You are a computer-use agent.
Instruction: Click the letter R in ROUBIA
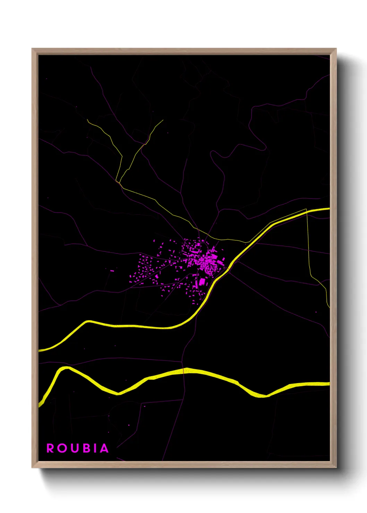pos(50,448)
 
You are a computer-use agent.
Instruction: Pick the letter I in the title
pos(95,448)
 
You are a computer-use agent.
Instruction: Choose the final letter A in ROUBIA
pos(104,448)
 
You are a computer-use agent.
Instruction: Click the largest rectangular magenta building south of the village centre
pos(202,282)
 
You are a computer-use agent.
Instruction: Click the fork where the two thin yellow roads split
pos(118,182)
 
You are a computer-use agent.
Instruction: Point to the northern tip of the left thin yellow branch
pos(87,120)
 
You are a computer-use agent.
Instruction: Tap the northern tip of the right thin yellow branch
pos(163,120)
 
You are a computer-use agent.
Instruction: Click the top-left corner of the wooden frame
pos(32,49)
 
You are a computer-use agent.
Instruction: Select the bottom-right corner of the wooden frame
pos(336,467)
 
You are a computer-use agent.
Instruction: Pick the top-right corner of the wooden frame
pos(336,49)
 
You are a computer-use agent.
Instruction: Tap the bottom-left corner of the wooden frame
pos(32,467)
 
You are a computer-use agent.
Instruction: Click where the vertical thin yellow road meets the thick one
pos(307,210)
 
